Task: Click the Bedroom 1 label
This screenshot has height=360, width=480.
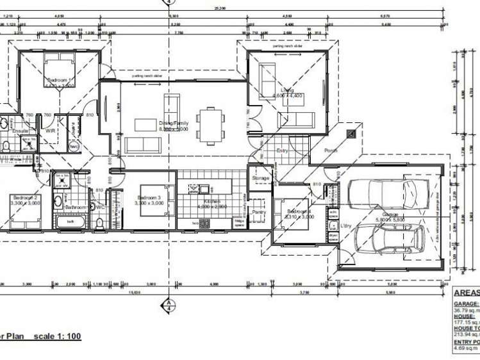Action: [60, 81]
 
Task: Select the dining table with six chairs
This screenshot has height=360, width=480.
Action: [211, 124]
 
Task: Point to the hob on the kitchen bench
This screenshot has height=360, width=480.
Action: [205, 224]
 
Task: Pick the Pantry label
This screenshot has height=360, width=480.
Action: [259, 211]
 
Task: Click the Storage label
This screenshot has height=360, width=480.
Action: [261, 178]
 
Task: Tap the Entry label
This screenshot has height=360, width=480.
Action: [283, 151]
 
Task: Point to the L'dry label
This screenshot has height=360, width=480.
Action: [347, 226]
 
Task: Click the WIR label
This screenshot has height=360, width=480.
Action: [50, 131]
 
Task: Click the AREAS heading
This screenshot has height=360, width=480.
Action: [466, 292]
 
